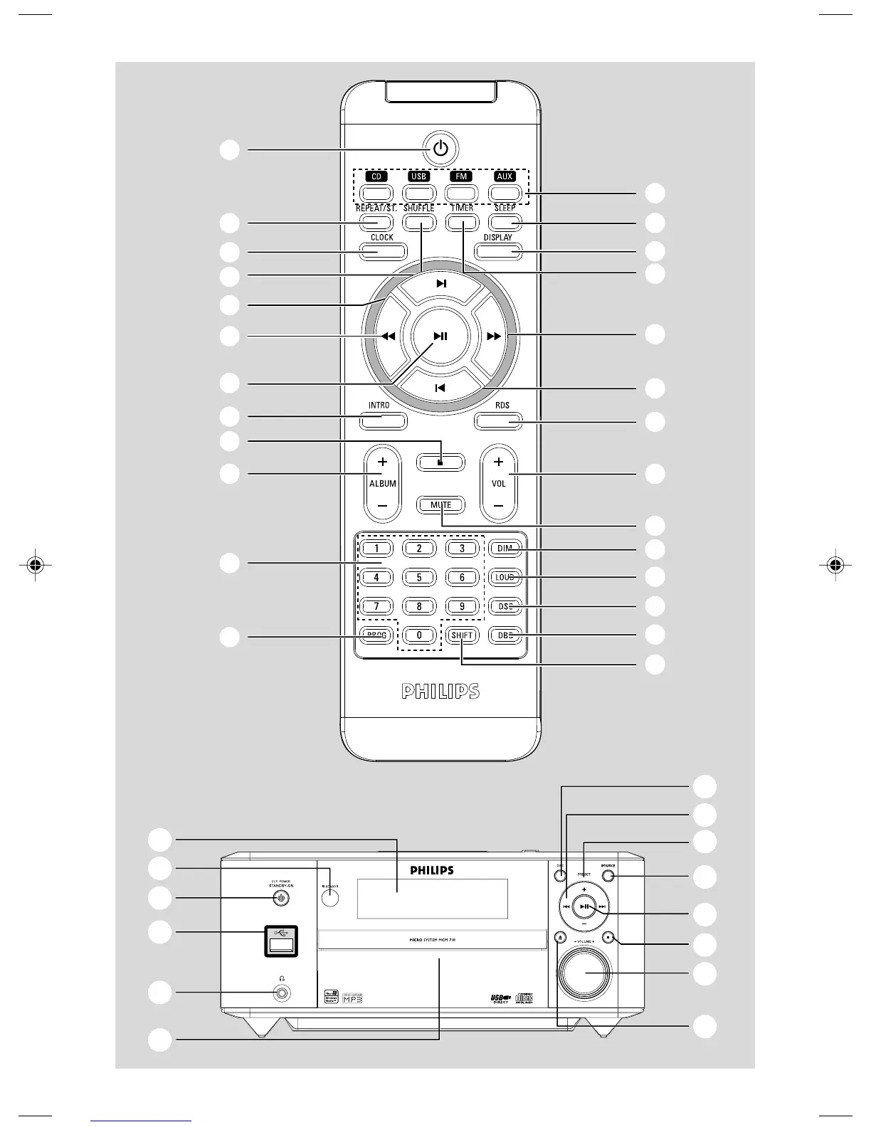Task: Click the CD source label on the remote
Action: (x=376, y=176)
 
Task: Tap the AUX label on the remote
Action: (x=505, y=176)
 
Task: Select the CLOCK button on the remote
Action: (x=382, y=250)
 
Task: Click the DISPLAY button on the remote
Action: (x=498, y=250)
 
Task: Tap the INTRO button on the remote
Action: (x=383, y=420)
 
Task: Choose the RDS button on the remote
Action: (x=498, y=420)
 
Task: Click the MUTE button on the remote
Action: (x=440, y=505)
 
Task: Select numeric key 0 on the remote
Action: (x=419, y=635)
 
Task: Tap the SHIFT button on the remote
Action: (x=462, y=635)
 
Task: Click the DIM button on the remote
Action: (x=505, y=549)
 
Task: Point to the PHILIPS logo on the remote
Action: (x=440, y=692)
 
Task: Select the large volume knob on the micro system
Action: (x=584, y=973)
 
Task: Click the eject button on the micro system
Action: (x=560, y=937)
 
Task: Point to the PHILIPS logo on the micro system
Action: (x=432, y=870)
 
